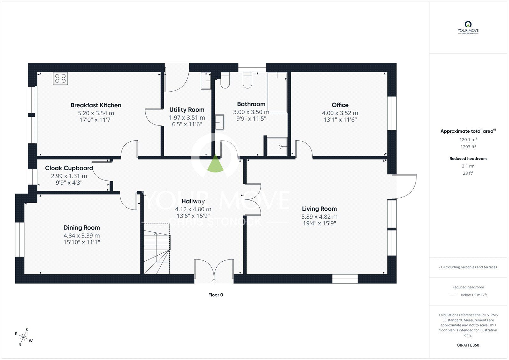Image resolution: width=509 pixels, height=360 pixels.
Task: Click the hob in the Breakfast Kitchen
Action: (x=60, y=78)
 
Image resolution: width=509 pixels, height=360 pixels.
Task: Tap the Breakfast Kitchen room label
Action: (x=96, y=105)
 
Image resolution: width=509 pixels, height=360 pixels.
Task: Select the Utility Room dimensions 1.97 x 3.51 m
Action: (x=187, y=117)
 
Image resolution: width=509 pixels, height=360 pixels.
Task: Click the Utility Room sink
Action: (x=206, y=81)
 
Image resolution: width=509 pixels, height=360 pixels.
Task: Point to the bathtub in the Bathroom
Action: (x=277, y=93)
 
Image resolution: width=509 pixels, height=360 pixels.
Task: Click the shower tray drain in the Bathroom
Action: (x=281, y=147)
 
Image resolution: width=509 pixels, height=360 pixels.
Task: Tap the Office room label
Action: (x=340, y=105)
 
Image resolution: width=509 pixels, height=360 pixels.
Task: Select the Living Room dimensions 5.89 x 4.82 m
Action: (x=319, y=217)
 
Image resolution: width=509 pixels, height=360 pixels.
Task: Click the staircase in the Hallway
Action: (x=157, y=249)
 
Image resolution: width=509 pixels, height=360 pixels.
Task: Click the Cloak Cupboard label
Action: (x=69, y=168)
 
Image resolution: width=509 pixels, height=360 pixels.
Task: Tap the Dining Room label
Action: (x=81, y=228)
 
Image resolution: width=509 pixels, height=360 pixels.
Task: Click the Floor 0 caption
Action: (x=216, y=295)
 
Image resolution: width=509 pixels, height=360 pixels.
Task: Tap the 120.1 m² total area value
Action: (x=468, y=140)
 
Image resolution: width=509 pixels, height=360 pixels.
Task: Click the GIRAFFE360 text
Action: (x=468, y=345)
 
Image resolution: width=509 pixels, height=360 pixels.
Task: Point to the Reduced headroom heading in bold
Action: (x=468, y=159)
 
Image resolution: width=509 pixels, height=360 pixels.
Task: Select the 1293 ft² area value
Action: (x=468, y=147)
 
